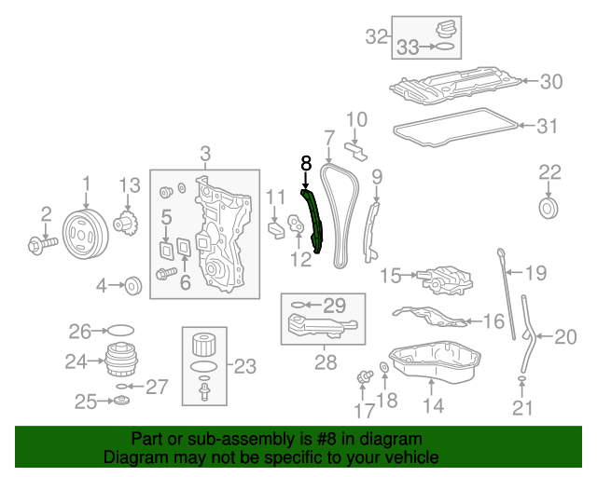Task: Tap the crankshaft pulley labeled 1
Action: [x=85, y=232]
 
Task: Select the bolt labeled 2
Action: [x=41, y=245]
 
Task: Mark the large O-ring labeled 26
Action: [x=120, y=330]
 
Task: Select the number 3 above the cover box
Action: [x=205, y=154]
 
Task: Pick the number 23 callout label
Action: [x=244, y=366]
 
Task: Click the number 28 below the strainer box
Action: [x=325, y=362]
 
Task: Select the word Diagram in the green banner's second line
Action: [x=134, y=457]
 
